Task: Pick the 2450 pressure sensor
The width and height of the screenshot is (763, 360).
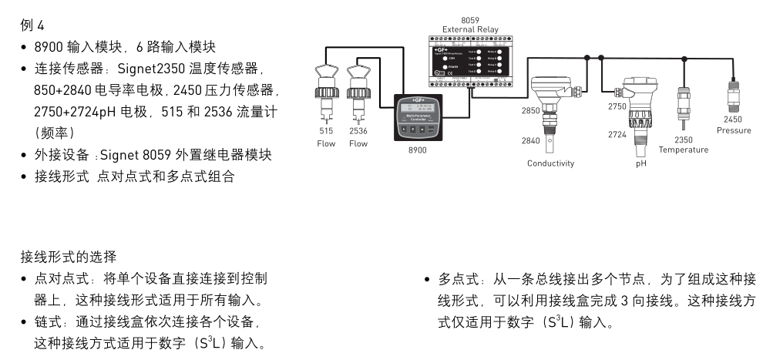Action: point(733,96)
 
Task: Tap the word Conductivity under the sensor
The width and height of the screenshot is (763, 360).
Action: point(550,163)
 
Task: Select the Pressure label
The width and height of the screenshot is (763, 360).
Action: point(733,130)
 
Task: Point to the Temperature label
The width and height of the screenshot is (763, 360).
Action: point(683,150)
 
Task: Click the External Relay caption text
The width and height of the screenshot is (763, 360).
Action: point(470,29)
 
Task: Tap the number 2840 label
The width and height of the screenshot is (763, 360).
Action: point(531,140)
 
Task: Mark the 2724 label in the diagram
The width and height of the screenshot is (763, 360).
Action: point(617,134)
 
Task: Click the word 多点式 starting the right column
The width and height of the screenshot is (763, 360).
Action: point(455,278)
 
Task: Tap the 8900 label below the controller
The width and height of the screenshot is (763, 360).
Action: point(417,150)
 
